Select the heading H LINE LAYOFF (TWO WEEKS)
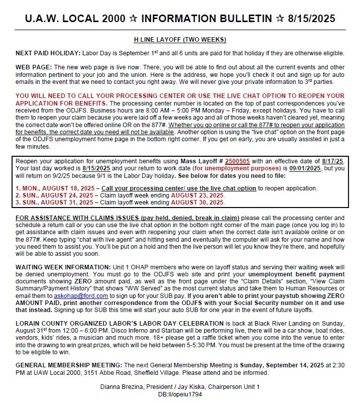coord(180,39)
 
